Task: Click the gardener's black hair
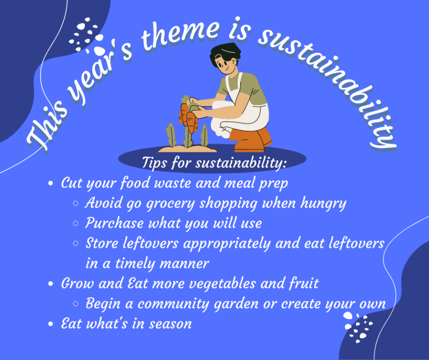(x=225, y=53)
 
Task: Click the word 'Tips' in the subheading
(x=154, y=163)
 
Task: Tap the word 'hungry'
(x=323, y=204)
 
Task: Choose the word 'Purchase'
(x=114, y=223)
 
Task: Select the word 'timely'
(x=135, y=264)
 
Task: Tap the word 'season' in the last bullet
(x=170, y=324)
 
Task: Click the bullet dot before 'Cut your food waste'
(x=50, y=183)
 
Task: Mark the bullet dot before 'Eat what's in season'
(x=50, y=324)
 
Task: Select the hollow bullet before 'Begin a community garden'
(x=76, y=304)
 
